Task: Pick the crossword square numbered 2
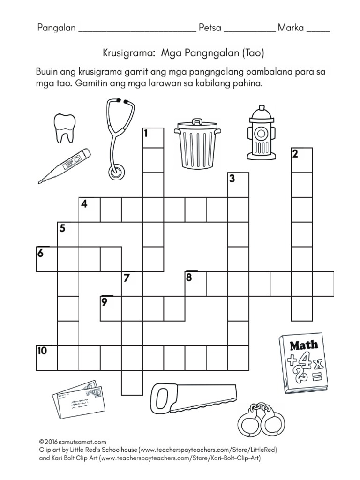click(x=302, y=159)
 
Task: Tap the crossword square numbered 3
click(x=238, y=185)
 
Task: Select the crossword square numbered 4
click(x=90, y=209)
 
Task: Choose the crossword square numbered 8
click(x=195, y=283)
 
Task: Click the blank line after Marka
click(x=318, y=30)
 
